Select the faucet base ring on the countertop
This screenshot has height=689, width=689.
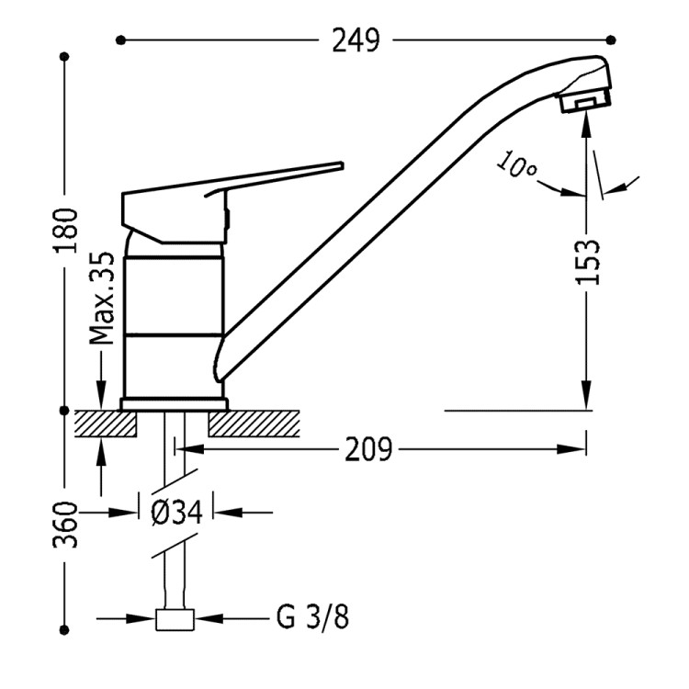pyautogui.click(x=174, y=403)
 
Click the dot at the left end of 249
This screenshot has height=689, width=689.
pyautogui.click(x=120, y=40)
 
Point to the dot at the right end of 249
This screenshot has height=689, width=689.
pyautogui.click(x=613, y=40)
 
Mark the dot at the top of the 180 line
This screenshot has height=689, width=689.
pyautogui.click(x=65, y=57)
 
